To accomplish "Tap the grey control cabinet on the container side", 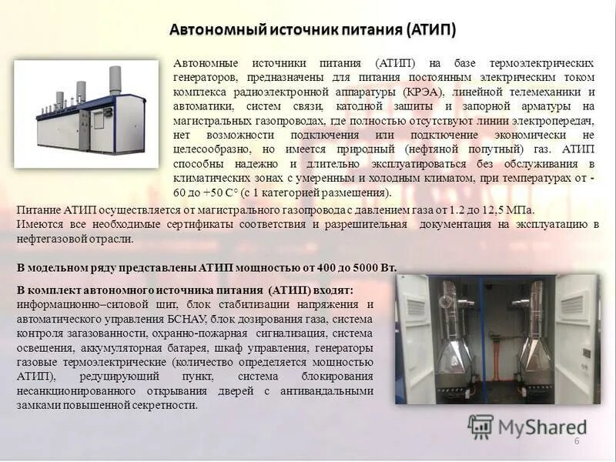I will [x=99, y=119].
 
